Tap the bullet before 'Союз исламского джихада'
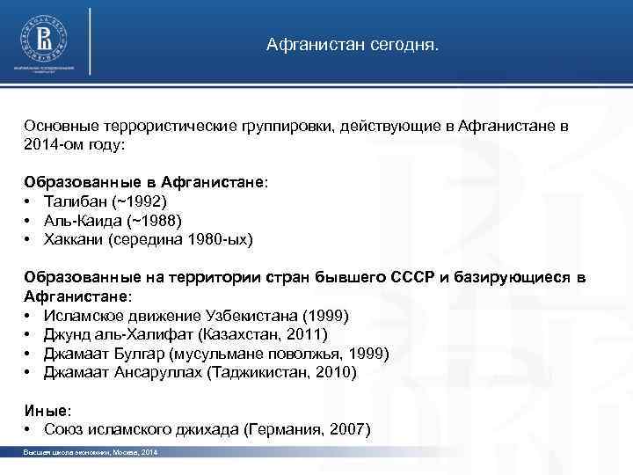29,430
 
